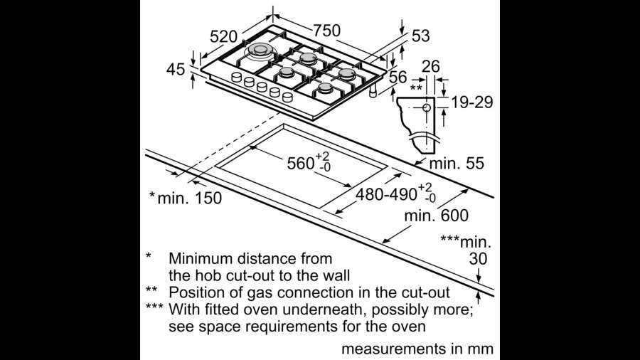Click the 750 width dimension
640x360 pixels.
pyautogui.click(x=326, y=31)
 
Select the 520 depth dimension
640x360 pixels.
pyautogui.click(x=223, y=37)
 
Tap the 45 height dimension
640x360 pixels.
pyautogui.click(x=176, y=70)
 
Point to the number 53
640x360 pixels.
pyautogui.click(x=420, y=36)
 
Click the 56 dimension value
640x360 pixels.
pyautogui.click(x=398, y=77)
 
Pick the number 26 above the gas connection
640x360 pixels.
pyautogui.click(x=431, y=67)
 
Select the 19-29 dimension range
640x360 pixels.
pyautogui.click(x=472, y=102)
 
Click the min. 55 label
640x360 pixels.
pyautogui.click(x=457, y=164)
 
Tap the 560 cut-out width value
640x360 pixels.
pyautogui.click(x=301, y=164)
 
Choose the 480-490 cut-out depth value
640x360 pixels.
pyautogui.click(x=386, y=195)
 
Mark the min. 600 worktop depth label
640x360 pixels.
pyautogui.click(x=437, y=215)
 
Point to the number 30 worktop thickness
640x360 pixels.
pyautogui.click(x=478, y=259)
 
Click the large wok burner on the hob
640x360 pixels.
pyautogui.click(x=260, y=51)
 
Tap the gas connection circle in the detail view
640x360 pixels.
pyautogui.click(x=427, y=107)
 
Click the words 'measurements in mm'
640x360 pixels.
pyautogui.click(x=417, y=349)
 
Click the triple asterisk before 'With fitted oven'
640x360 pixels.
pyautogui.click(x=154, y=306)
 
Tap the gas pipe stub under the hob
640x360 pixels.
pyautogui.click(x=372, y=92)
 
